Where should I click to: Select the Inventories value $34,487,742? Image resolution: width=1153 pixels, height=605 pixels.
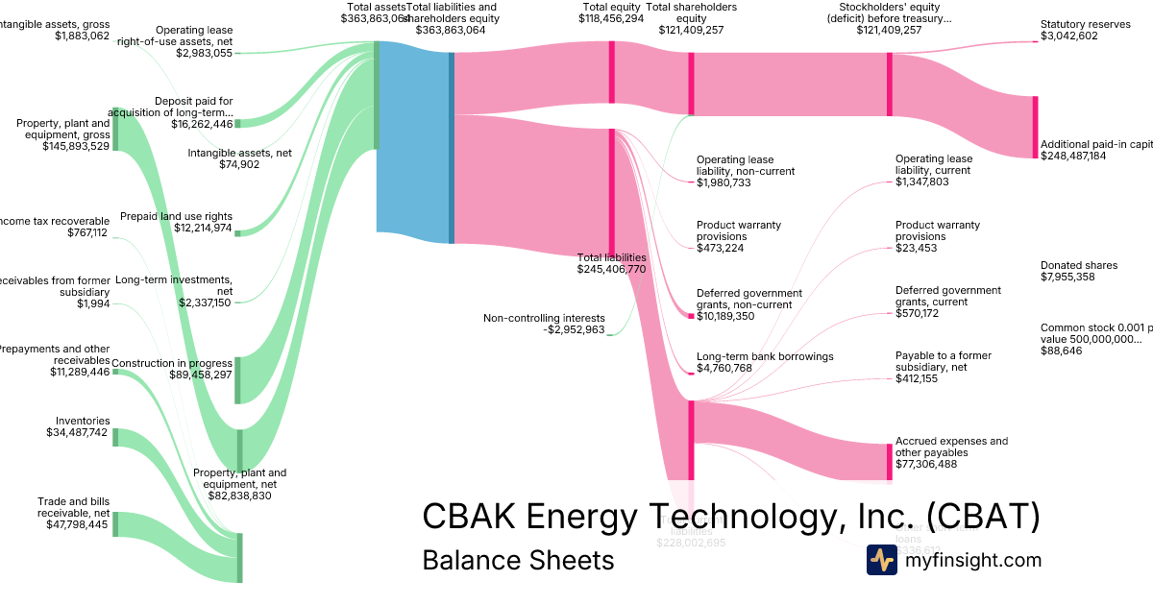point(78,433)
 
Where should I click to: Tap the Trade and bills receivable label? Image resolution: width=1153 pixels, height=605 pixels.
point(73,507)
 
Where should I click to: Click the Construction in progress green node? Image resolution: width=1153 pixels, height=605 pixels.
point(238,379)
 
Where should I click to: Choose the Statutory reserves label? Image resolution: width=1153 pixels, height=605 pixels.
point(1085,24)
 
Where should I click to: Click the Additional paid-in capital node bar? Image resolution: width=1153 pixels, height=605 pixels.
point(1035,127)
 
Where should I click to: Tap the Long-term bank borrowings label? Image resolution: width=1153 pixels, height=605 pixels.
point(765,356)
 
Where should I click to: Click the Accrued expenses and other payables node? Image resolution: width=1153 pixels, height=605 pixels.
point(890,462)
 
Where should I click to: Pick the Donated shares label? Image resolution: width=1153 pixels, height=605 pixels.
point(1078,265)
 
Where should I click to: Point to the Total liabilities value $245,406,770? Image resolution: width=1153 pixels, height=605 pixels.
point(611,270)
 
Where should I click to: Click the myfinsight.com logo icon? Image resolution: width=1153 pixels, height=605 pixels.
point(882,560)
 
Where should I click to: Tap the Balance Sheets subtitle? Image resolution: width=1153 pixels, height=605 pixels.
point(518,560)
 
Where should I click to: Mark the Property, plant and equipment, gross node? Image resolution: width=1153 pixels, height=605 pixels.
point(115,130)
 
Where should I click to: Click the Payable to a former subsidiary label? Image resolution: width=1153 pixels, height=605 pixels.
point(943,361)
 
